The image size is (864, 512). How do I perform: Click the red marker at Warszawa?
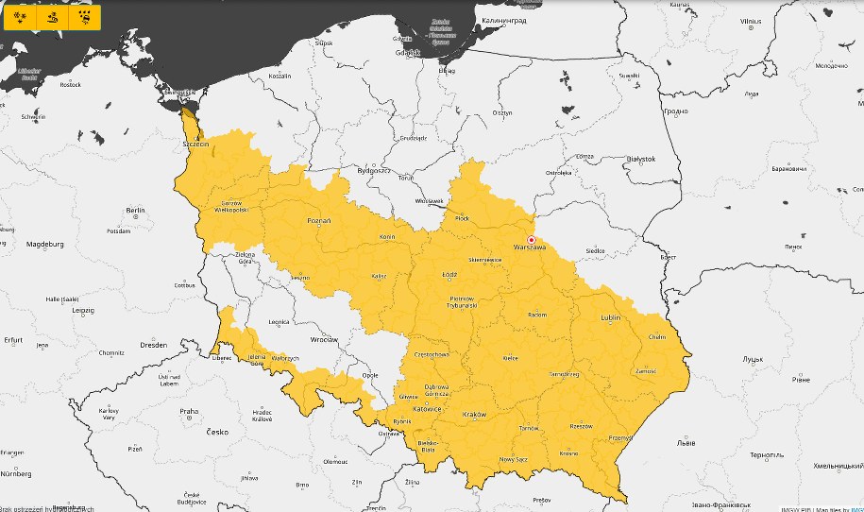click(x=532, y=239)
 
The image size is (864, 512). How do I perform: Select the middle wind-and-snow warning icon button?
click(x=53, y=16)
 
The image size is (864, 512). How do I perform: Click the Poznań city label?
click(x=319, y=220)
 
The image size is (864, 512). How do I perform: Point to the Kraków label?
click(x=474, y=415)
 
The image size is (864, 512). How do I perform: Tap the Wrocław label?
click(x=324, y=338)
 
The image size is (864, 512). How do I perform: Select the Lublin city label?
click(x=610, y=317)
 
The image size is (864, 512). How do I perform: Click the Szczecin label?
click(x=196, y=144)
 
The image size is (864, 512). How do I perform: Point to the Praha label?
click(x=189, y=411)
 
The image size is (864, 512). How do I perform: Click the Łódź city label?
click(x=449, y=275)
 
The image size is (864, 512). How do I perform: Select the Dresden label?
click(x=154, y=345)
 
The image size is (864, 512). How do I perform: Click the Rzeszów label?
click(x=581, y=425)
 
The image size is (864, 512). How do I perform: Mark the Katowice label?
click(x=427, y=409)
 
